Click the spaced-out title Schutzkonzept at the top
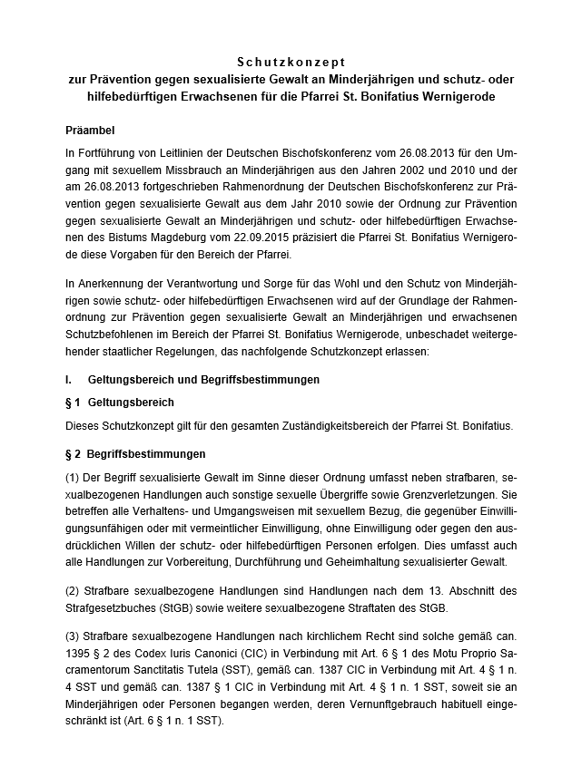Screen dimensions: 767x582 (291, 63)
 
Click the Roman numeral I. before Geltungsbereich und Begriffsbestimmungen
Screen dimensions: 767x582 (70, 378)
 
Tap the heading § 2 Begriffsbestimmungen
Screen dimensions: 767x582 (135, 452)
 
